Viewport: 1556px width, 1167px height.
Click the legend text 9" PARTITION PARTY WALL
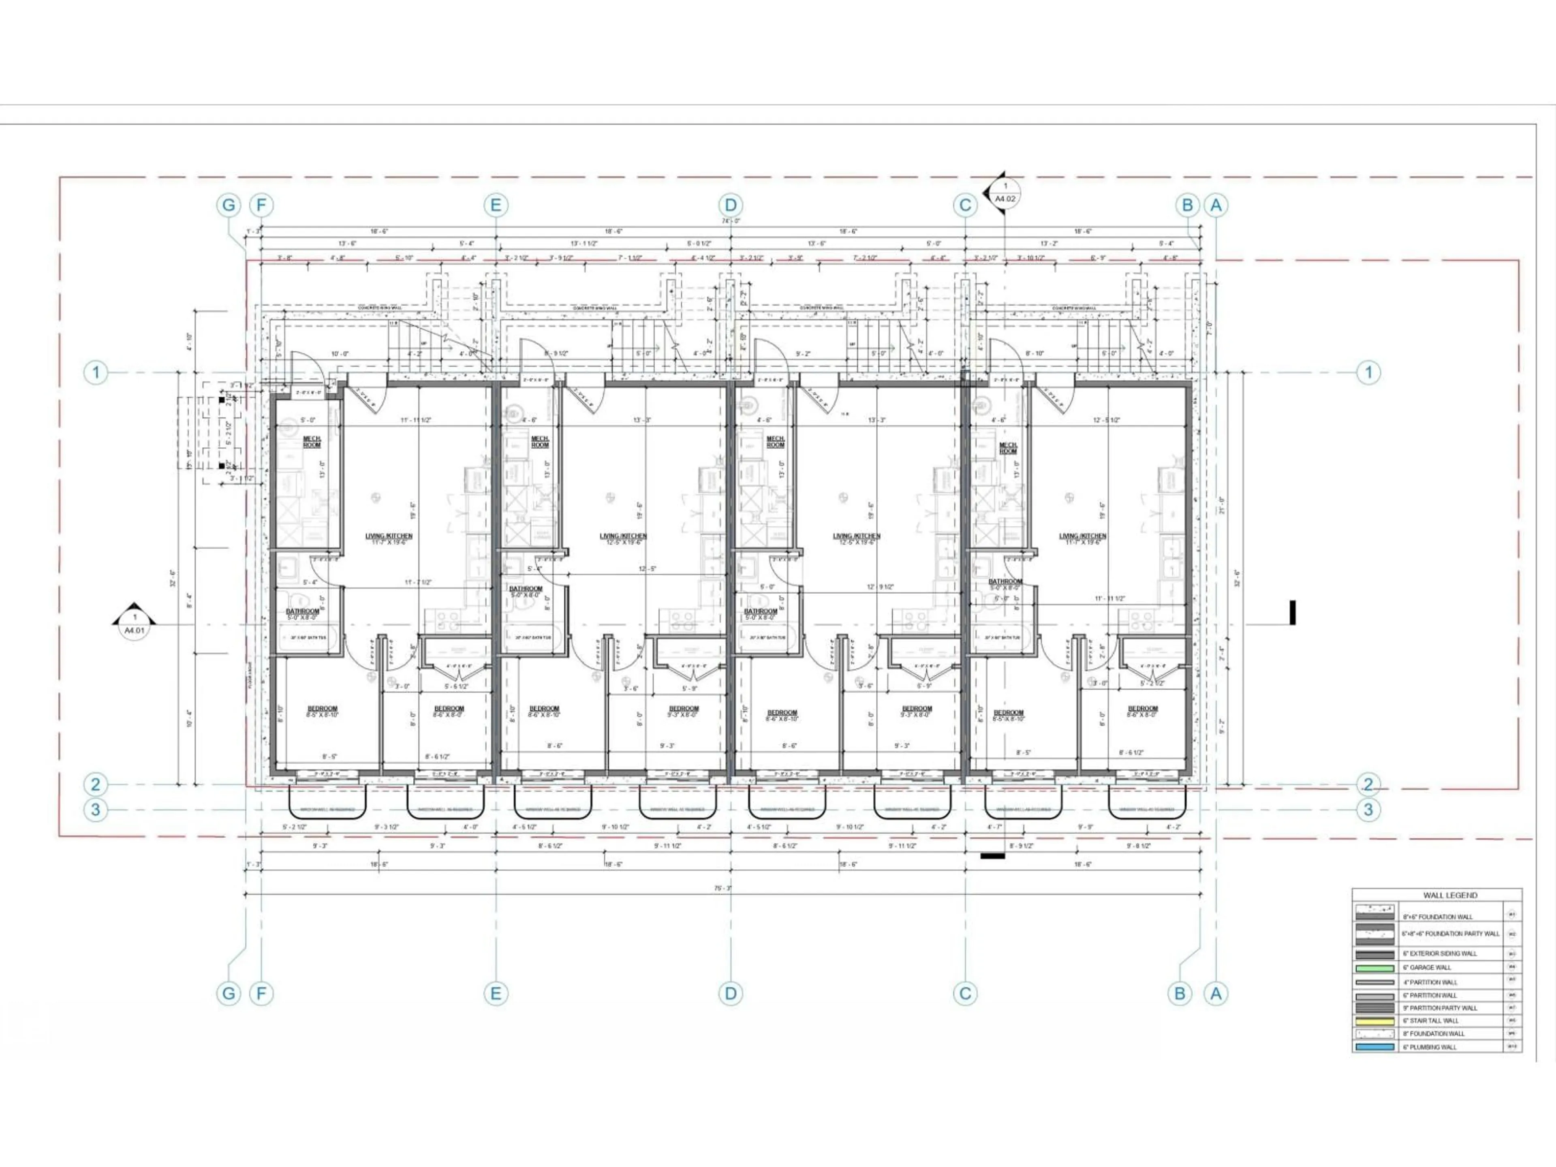click(x=1439, y=1008)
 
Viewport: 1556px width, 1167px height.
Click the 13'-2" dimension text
click(x=1048, y=244)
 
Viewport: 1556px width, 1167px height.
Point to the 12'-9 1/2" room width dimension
click(x=881, y=587)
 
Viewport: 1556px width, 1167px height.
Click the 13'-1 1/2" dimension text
click(x=585, y=244)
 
